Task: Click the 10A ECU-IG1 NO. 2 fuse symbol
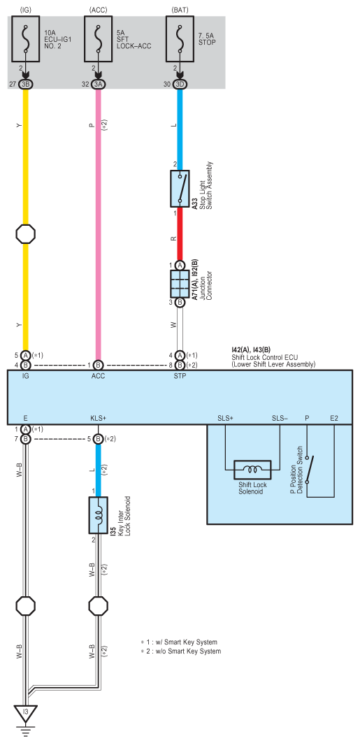26,38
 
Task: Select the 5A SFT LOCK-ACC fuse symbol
98,38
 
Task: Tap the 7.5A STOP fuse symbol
180,38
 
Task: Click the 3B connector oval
26,85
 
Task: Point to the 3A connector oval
98,85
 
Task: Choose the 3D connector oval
180,85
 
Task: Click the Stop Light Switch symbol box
180,189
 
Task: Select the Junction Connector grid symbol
180,284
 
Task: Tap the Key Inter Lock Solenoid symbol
98,515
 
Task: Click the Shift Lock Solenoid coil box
252,470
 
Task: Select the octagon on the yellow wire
26,234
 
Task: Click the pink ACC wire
98,224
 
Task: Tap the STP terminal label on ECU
180,377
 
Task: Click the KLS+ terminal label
98,419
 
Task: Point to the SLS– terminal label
280,419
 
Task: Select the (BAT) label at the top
180,10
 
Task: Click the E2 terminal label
334,419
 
